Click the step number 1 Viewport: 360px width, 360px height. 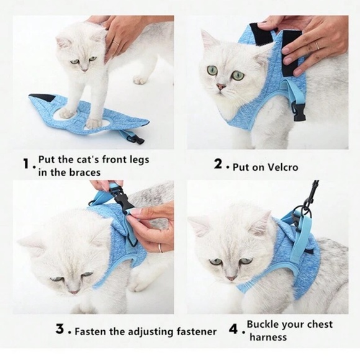(x=26, y=165)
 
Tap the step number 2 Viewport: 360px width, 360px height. (x=218, y=165)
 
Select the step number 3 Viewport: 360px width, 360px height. (x=60, y=331)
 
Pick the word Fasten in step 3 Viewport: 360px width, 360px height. (x=93, y=331)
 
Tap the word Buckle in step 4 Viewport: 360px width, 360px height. (x=266, y=325)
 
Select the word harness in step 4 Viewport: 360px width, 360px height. (x=268, y=337)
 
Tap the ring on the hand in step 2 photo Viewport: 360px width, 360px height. (x=317, y=45)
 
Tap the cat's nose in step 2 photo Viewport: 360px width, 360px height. (x=220, y=88)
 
